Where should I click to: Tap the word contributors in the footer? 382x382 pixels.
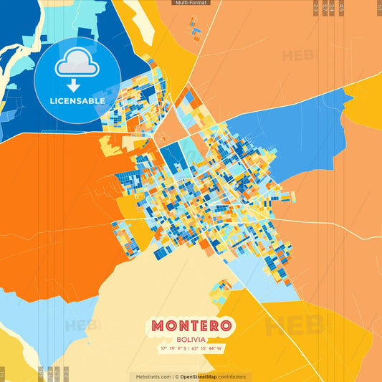[230, 376]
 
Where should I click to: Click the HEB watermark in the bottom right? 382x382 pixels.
[294, 326]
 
